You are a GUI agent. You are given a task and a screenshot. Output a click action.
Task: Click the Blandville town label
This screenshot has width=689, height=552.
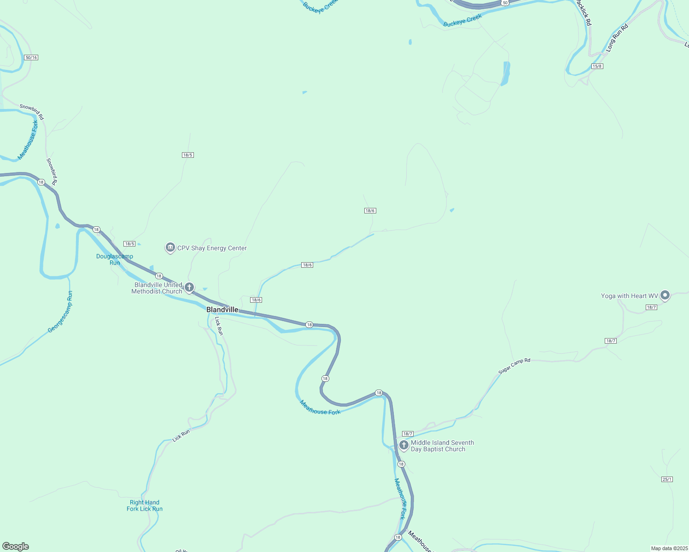click(222, 310)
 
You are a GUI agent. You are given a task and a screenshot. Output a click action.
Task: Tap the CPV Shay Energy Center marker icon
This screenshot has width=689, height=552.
click(170, 248)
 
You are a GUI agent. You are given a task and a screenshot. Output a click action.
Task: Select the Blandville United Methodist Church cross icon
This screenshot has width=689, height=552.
click(189, 288)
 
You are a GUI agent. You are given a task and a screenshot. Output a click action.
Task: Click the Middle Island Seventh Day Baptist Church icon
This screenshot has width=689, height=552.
click(403, 445)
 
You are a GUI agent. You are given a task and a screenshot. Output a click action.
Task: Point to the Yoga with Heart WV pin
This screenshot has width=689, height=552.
click(665, 295)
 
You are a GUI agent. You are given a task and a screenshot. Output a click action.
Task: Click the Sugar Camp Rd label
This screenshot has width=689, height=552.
click(514, 366)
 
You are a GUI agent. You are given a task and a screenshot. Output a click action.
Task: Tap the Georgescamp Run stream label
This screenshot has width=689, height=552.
click(61, 312)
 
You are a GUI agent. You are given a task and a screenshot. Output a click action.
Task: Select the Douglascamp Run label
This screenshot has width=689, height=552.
click(115, 259)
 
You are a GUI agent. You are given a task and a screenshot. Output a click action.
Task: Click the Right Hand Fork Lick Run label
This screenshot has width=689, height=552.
click(145, 506)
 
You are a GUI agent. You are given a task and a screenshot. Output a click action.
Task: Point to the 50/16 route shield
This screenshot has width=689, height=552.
click(31, 57)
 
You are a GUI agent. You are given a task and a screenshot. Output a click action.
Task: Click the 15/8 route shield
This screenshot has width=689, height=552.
click(597, 66)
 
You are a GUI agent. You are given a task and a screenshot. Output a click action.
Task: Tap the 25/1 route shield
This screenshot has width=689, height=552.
click(667, 479)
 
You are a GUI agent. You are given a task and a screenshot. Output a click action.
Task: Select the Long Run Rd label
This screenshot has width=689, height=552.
click(617, 38)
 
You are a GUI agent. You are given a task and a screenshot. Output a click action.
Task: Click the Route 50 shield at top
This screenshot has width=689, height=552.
click(505, 3)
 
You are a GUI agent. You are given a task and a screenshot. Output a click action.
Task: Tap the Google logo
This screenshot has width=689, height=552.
click(16, 546)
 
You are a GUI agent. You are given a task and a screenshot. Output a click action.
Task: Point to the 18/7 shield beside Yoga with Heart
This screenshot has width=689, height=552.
click(651, 307)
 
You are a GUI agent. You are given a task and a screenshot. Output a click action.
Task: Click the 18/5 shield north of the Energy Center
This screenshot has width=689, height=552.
click(187, 155)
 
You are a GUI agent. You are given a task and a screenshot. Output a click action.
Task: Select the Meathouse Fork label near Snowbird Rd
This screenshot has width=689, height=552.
click(28, 140)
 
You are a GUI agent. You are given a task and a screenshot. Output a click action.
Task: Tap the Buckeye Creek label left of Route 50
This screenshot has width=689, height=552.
click(462, 21)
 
